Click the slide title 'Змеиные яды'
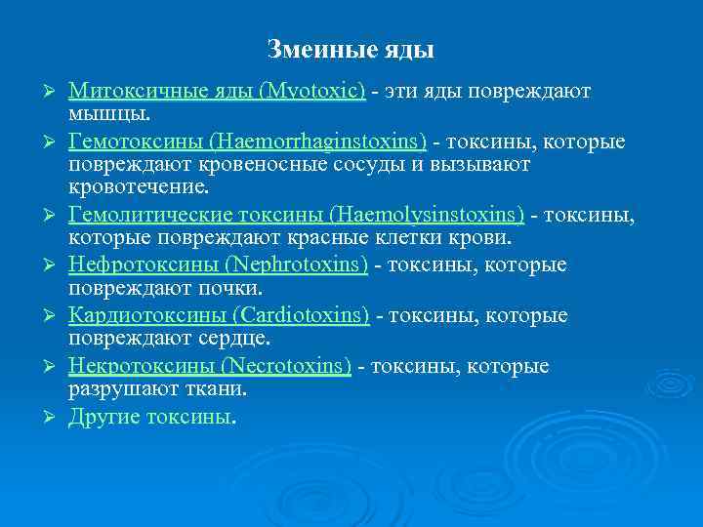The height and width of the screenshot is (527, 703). point(351,48)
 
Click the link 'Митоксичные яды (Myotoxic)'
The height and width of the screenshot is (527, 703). point(217,91)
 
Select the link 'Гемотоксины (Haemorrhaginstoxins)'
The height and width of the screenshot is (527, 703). point(248,142)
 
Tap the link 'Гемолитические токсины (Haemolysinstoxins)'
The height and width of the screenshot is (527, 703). point(297,213)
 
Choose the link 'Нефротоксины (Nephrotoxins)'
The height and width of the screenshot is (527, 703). point(219,264)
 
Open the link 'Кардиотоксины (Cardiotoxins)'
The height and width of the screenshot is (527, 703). point(220,315)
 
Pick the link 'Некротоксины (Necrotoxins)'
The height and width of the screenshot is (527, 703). point(210,366)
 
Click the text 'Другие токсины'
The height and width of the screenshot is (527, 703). point(150,417)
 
